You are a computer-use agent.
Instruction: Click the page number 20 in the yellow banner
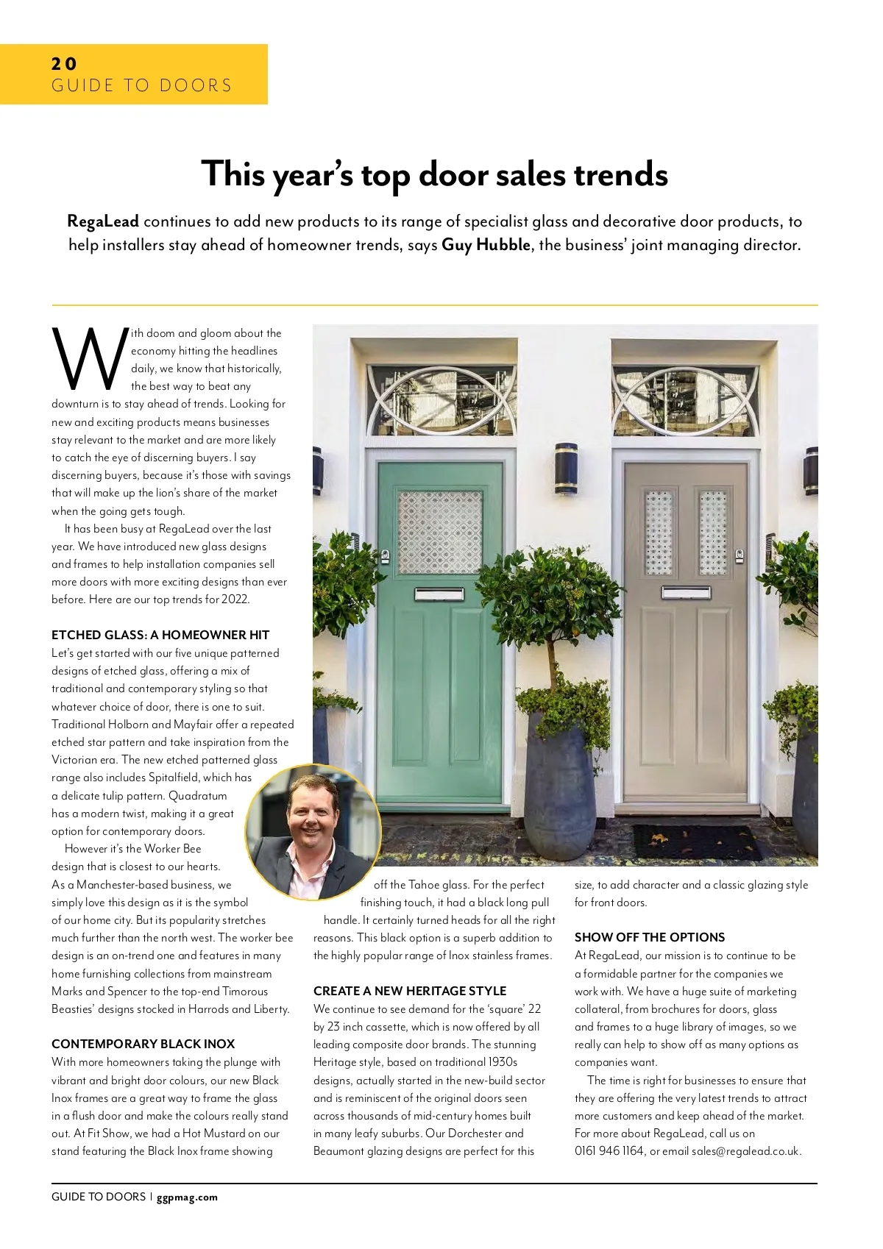click(64, 64)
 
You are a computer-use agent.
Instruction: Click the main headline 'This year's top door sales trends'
click(434, 174)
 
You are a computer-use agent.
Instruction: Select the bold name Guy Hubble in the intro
click(486, 245)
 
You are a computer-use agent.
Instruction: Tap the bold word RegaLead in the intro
click(102, 221)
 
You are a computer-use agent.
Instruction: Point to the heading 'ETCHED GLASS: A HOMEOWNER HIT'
click(160, 635)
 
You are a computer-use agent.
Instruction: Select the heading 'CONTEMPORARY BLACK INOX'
click(143, 1044)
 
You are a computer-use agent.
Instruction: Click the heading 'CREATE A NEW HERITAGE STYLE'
click(410, 991)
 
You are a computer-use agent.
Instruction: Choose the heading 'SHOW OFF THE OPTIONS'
click(650, 937)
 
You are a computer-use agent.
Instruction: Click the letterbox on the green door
click(439, 594)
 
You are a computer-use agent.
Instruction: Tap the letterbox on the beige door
click(686, 592)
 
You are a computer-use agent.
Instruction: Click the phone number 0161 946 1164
click(609, 1151)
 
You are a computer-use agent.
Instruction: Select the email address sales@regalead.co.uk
click(745, 1151)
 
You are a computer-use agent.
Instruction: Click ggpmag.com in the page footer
click(187, 1197)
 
